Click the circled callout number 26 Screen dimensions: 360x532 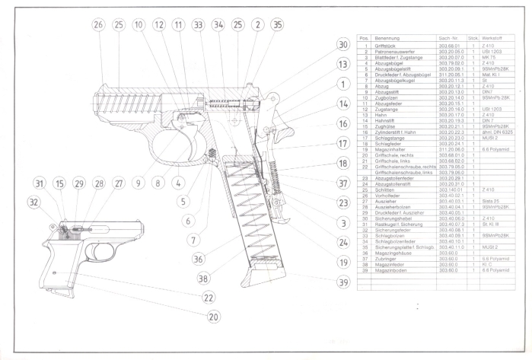[x=97, y=24]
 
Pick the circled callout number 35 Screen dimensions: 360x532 [x=277, y=24]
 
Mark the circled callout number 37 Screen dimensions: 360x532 [x=343, y=183]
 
